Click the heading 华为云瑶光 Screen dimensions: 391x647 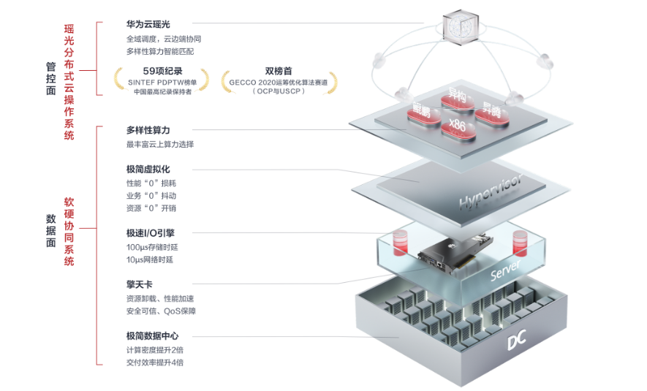coord(148,25)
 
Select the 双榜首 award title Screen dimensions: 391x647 coord(279,71)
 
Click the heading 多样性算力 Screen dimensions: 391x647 coord(148,130)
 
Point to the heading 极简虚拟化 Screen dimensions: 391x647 coord(148,170)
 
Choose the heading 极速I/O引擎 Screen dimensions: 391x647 coord(150,233)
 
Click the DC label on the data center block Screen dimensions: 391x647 coord(519,343)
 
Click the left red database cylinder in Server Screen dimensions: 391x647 coord(400,242)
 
